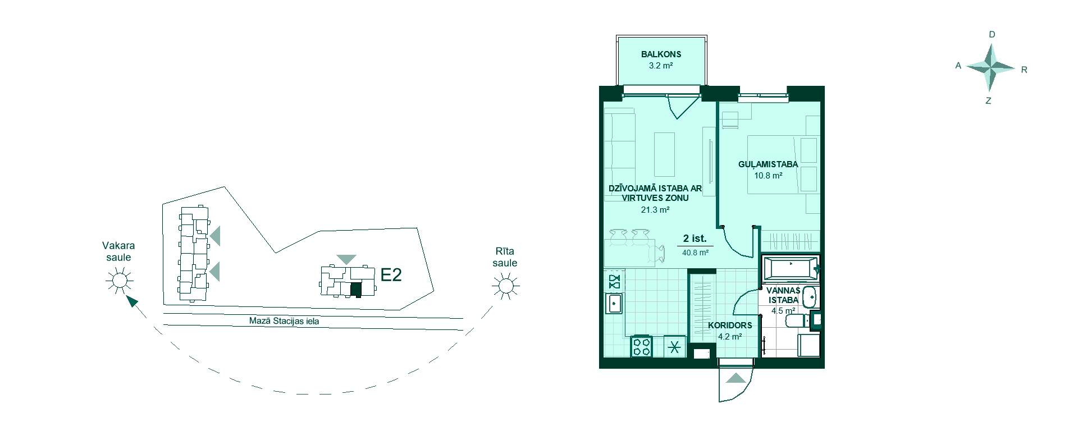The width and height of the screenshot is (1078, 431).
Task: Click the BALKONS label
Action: (x=661, y=54)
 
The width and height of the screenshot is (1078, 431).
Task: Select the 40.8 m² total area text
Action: (x=695, y=253)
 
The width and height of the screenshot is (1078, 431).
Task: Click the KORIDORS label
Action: (x=730, y=325)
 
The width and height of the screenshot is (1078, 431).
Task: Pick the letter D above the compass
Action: (x=992, y=34)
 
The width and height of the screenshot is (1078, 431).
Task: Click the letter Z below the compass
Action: (x=988, y=101)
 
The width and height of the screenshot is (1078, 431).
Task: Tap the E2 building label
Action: (x=391, y=275)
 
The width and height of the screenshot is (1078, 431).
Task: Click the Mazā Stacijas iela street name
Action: (x=284, y=322)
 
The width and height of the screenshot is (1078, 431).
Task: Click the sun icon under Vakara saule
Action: (x=118, y=280)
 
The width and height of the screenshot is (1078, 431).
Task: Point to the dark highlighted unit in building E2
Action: (x=355, y=290)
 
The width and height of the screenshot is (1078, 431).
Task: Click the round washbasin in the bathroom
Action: (x=809, y=297)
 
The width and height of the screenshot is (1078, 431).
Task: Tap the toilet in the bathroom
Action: (x=796, y=322)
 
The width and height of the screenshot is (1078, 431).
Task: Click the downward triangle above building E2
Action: (x=346, y=259)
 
